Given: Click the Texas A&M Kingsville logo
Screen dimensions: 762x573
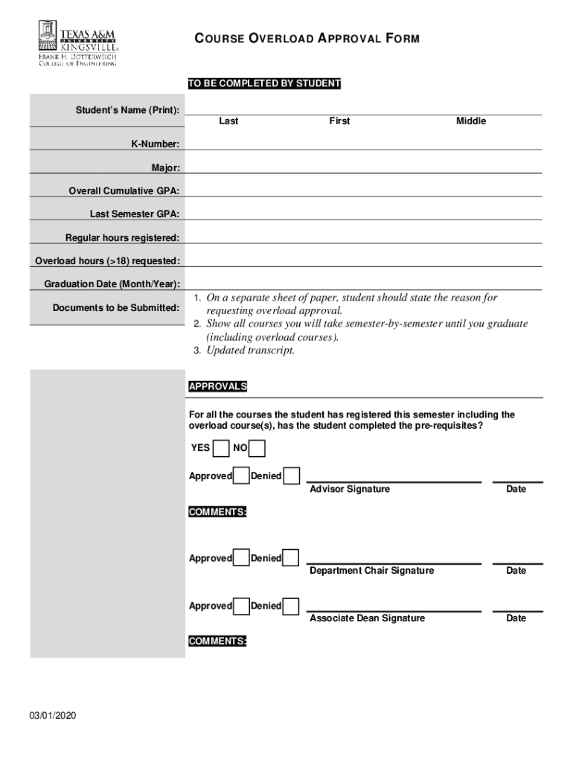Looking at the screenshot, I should coord(77,44).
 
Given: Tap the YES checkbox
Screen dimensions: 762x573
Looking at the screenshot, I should coord(221,448).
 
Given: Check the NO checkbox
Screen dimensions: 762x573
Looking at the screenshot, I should coord(257,448).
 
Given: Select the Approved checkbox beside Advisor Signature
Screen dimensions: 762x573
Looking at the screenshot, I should coord(241,476).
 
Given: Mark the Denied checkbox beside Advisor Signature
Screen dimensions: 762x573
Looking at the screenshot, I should coord(292,476).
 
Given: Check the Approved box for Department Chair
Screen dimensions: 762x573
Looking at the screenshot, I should coord(241,557).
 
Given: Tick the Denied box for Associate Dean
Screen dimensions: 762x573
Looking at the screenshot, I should coord(292,605).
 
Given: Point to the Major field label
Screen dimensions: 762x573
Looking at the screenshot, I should coord(166,167).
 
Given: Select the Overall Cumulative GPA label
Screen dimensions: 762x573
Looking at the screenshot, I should coord(124,191).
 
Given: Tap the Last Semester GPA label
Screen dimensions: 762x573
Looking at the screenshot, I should coord(135,214).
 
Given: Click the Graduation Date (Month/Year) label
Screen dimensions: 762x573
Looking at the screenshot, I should coord(112,284).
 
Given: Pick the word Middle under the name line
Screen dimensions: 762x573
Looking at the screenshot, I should coord(471,121).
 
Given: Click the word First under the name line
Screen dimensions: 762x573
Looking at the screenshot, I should coord(339,121).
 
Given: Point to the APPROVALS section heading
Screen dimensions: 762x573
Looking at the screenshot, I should coord(218,387).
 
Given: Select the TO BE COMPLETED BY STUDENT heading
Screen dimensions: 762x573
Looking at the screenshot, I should coord(264,84).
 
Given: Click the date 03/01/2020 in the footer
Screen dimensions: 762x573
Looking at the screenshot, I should coord(53,717).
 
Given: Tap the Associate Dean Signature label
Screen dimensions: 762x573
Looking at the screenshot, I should coord(368,618).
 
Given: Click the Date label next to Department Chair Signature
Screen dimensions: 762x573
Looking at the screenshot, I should coord(516,571).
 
